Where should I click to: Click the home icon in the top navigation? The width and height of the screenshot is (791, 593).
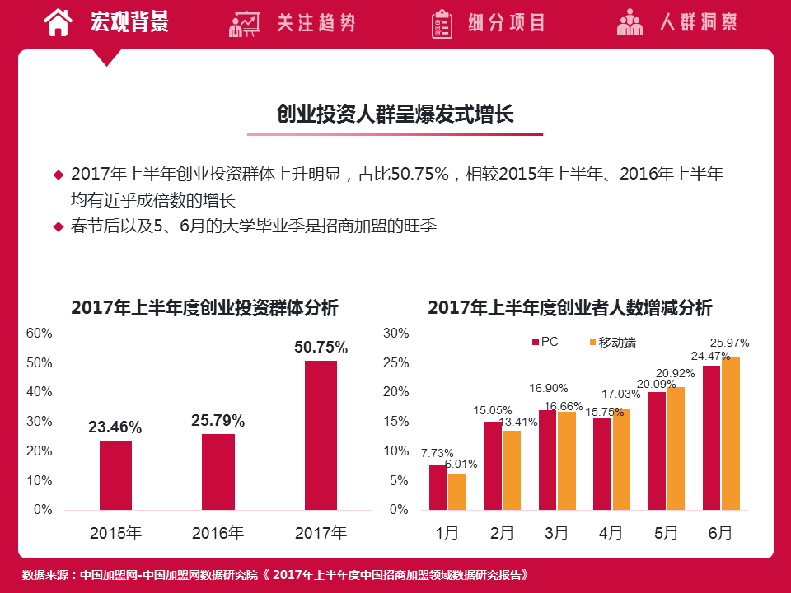(57, 23)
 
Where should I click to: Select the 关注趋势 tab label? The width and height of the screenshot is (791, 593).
(316, 23)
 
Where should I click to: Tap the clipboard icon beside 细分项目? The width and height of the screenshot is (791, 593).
(442, 24)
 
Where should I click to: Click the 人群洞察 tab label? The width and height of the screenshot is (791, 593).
(698, 23)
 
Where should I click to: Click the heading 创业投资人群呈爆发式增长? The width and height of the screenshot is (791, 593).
(395, 114)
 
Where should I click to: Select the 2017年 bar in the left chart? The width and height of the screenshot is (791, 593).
(321, 435)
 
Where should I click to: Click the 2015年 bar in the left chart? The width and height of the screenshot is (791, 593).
(115, 474)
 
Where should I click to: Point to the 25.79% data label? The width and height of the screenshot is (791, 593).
(218, 421)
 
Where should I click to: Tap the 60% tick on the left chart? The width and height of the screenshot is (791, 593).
(40, 334)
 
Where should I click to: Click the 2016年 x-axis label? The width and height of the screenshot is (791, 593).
(218, 534)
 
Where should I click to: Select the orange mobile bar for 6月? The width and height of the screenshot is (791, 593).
(730, 432)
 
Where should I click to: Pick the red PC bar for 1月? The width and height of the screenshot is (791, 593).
(438, 487)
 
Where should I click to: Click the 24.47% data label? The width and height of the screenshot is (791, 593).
(710, 356)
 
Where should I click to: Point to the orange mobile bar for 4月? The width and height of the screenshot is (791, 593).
(620, 459)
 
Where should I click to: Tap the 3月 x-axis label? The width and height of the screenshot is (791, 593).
(556, 534)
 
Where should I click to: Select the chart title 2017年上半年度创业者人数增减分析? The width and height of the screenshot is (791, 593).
(569, 308)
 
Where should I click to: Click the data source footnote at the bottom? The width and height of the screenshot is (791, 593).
(274, 575)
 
